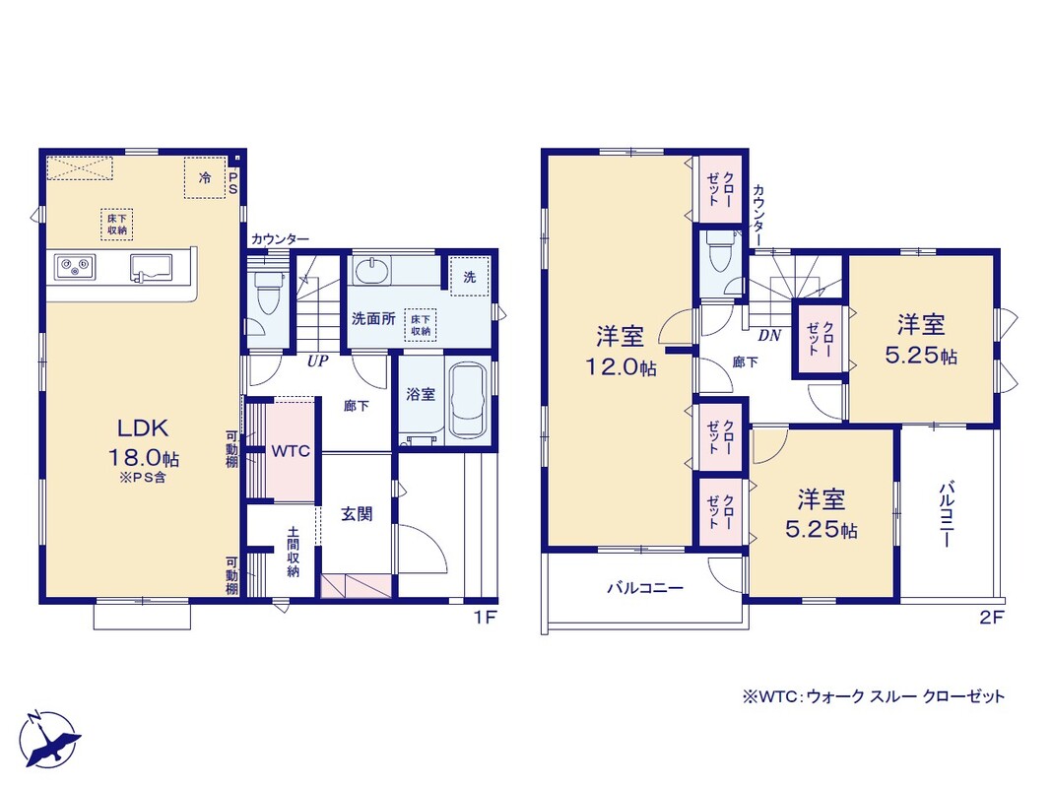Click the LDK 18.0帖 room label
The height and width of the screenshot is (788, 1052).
tap(144, 442)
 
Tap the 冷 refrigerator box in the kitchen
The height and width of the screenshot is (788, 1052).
tap(205, 177)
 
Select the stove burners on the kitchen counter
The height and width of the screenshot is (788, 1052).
tap(75, 266)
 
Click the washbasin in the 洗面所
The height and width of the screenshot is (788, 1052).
tap(369, 271)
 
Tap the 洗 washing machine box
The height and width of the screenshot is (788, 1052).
tap(470, 277)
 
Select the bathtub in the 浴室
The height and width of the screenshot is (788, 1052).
tap(468, 401)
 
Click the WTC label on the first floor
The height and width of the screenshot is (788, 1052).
tap(291, 451)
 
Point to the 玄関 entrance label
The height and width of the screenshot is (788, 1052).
tap(357, 514)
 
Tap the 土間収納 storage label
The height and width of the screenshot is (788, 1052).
tap(294, 552)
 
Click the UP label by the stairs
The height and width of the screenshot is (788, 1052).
tap(317, 361)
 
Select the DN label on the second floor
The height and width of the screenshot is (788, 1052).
tap(769, 335)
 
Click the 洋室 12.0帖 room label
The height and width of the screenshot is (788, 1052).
tap(621, 351)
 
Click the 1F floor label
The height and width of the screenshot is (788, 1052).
tap(485, 617)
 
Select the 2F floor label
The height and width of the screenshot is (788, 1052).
tap(991, 617)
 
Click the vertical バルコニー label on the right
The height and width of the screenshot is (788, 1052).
tap(947, 514)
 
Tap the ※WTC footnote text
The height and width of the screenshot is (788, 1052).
tap(874, 696)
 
